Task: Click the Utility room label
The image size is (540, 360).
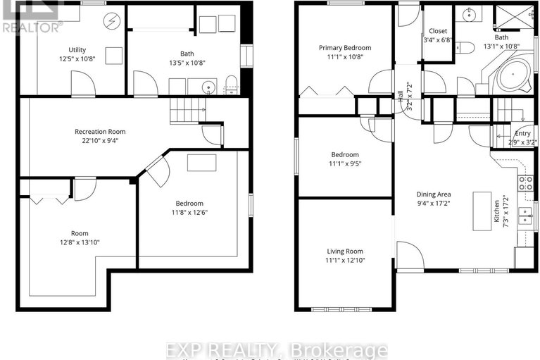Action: click(77, 49)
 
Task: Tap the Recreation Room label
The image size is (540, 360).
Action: click(101, 131)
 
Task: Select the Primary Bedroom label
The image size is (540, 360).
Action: click(344, 48)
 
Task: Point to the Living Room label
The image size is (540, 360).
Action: click(344, 251)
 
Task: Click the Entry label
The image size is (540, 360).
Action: click(522, 133)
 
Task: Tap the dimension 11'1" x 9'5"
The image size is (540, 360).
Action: click(344, 165)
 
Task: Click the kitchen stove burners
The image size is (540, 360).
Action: click(525, 183)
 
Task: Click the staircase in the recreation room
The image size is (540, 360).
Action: click(186, 110)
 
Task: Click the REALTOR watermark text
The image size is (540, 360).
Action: click(32, 27)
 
